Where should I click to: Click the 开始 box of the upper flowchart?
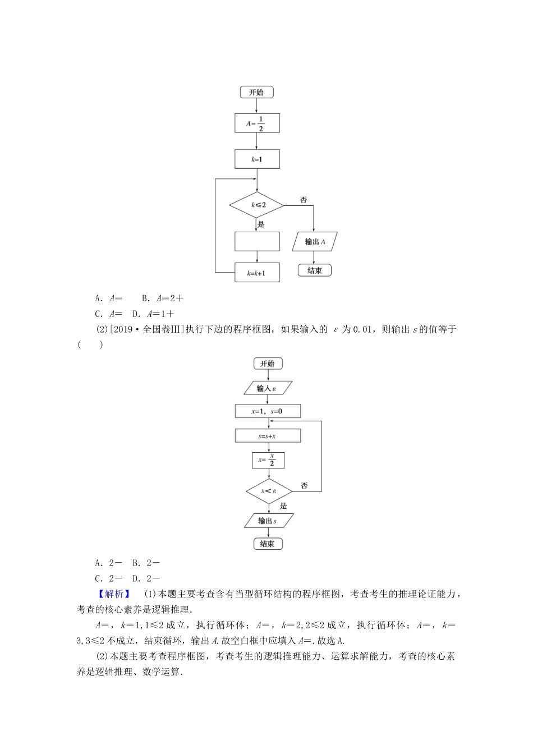pyautogui.click(x=256, y=92)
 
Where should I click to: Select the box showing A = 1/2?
pyautogui.click(x=257, y=123)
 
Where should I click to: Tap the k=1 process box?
pyautogui.click(x=257, y=159)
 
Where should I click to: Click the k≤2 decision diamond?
pyautogui.click(x=257, y=205)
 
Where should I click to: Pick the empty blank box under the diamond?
pyautogui.click(x=257, y=241)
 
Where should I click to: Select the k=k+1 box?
pyautogui.click(x=257, y=273)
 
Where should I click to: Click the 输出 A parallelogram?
pyautogui.click(x=315, y=242)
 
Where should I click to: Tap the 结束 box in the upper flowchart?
pyautogui.click(x=315, y=271)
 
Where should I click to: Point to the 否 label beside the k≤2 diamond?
pyautogui.click(x=303, y=200)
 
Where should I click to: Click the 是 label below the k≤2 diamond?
pyautogui.click(x=261, y=224)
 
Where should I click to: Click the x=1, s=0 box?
pyautogui.click(x=268, y=411)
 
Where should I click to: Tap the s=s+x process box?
pyautogui.click(x=268, y=435)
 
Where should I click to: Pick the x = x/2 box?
pyautogui.click(x=268, y=460)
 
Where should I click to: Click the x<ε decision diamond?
pyautogui.click(x=269, y=491)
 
